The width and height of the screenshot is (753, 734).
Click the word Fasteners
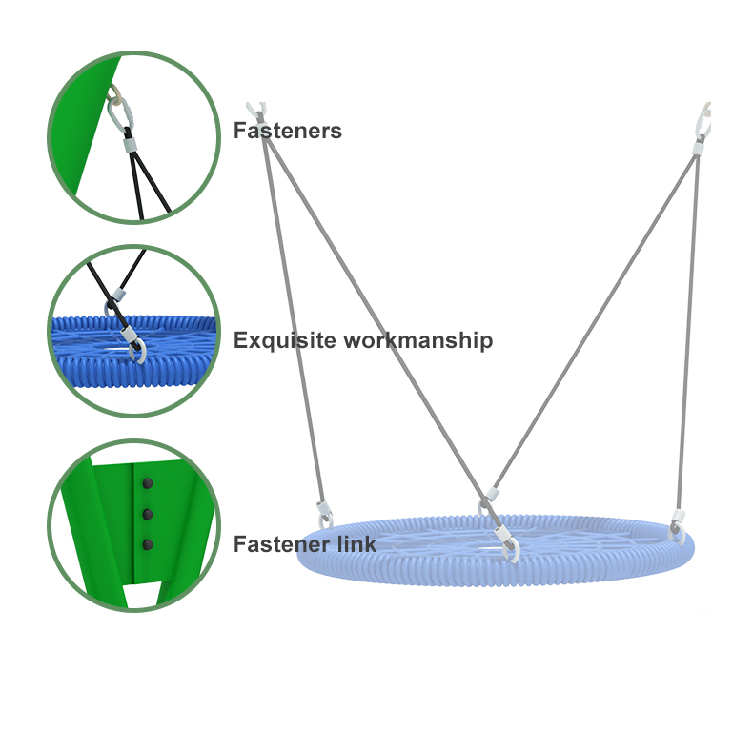coord(287,132)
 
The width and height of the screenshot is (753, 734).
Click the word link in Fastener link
coord(357,545)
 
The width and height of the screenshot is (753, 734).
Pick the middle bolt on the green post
coord(147,515)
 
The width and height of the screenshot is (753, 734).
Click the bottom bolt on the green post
coord(147,545)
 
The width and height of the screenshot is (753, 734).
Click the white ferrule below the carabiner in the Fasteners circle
coord(130,147)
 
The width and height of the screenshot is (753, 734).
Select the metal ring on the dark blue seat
coord(136,353)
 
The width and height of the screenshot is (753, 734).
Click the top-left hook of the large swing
coord(254,111)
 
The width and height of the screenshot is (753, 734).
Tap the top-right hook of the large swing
coord(705,118)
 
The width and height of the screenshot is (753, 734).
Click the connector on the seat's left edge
coord(324,515)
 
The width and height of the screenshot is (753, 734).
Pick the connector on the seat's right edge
coord(677,525)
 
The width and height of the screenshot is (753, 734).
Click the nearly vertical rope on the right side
coord(688,334)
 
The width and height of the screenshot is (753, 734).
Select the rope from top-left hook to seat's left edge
coord(291,315)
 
